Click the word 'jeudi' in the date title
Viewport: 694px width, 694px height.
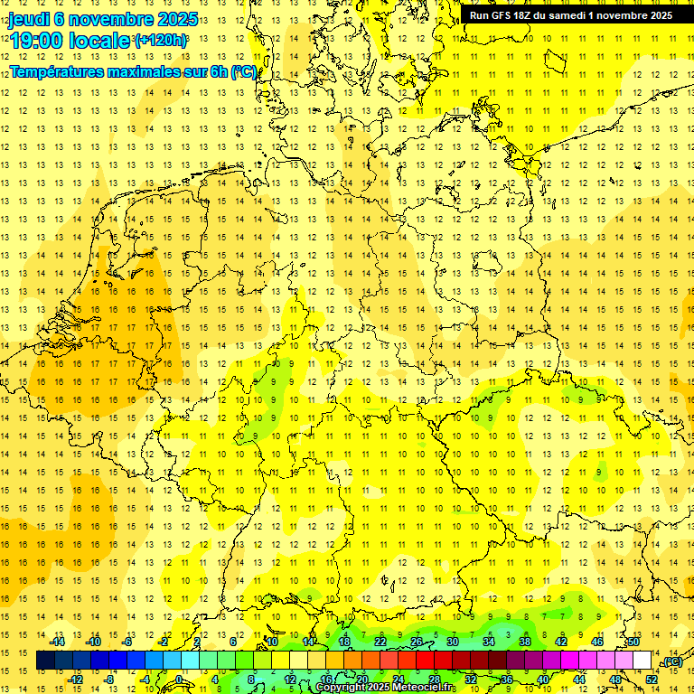pyautogui.click(x=31, y=19)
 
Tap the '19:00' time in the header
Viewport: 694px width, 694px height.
pyautogui.click(x=36, y=41)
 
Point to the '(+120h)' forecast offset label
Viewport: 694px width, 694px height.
pyautogui.click(x=161, y=41)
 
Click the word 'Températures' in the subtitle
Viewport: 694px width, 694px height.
pyautogui.click(x=56, y=71)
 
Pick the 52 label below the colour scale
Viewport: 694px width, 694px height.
pyautogui.click(x=652, y=680)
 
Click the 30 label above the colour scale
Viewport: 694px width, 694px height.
pyautogui.click(x=452, y=642)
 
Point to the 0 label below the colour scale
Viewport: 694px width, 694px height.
pyautogui.click(x=179, y=680)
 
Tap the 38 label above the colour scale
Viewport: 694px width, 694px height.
pyautogui.click(x=524, y=642)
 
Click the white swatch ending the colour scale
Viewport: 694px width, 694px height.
pyautogui.click(x=642, y=661)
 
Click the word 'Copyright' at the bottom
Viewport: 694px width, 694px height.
pyautogui.click(x=344, y=688)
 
